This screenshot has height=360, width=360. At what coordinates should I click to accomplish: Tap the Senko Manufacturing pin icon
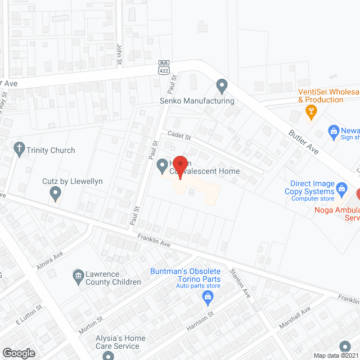click(222, 86)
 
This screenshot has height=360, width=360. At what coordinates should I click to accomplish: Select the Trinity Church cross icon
click(20, 150)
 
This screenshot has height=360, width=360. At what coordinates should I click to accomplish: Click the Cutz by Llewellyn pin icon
click(55, 194)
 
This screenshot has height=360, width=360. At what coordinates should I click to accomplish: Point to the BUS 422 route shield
click(164, 67)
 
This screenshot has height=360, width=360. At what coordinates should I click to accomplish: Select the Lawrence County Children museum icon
click(79, 276)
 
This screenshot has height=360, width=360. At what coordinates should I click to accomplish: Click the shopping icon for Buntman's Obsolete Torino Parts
click(206, 295)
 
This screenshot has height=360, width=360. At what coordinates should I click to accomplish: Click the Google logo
click(19, 353)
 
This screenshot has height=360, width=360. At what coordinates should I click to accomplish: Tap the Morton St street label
click(91, 325)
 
